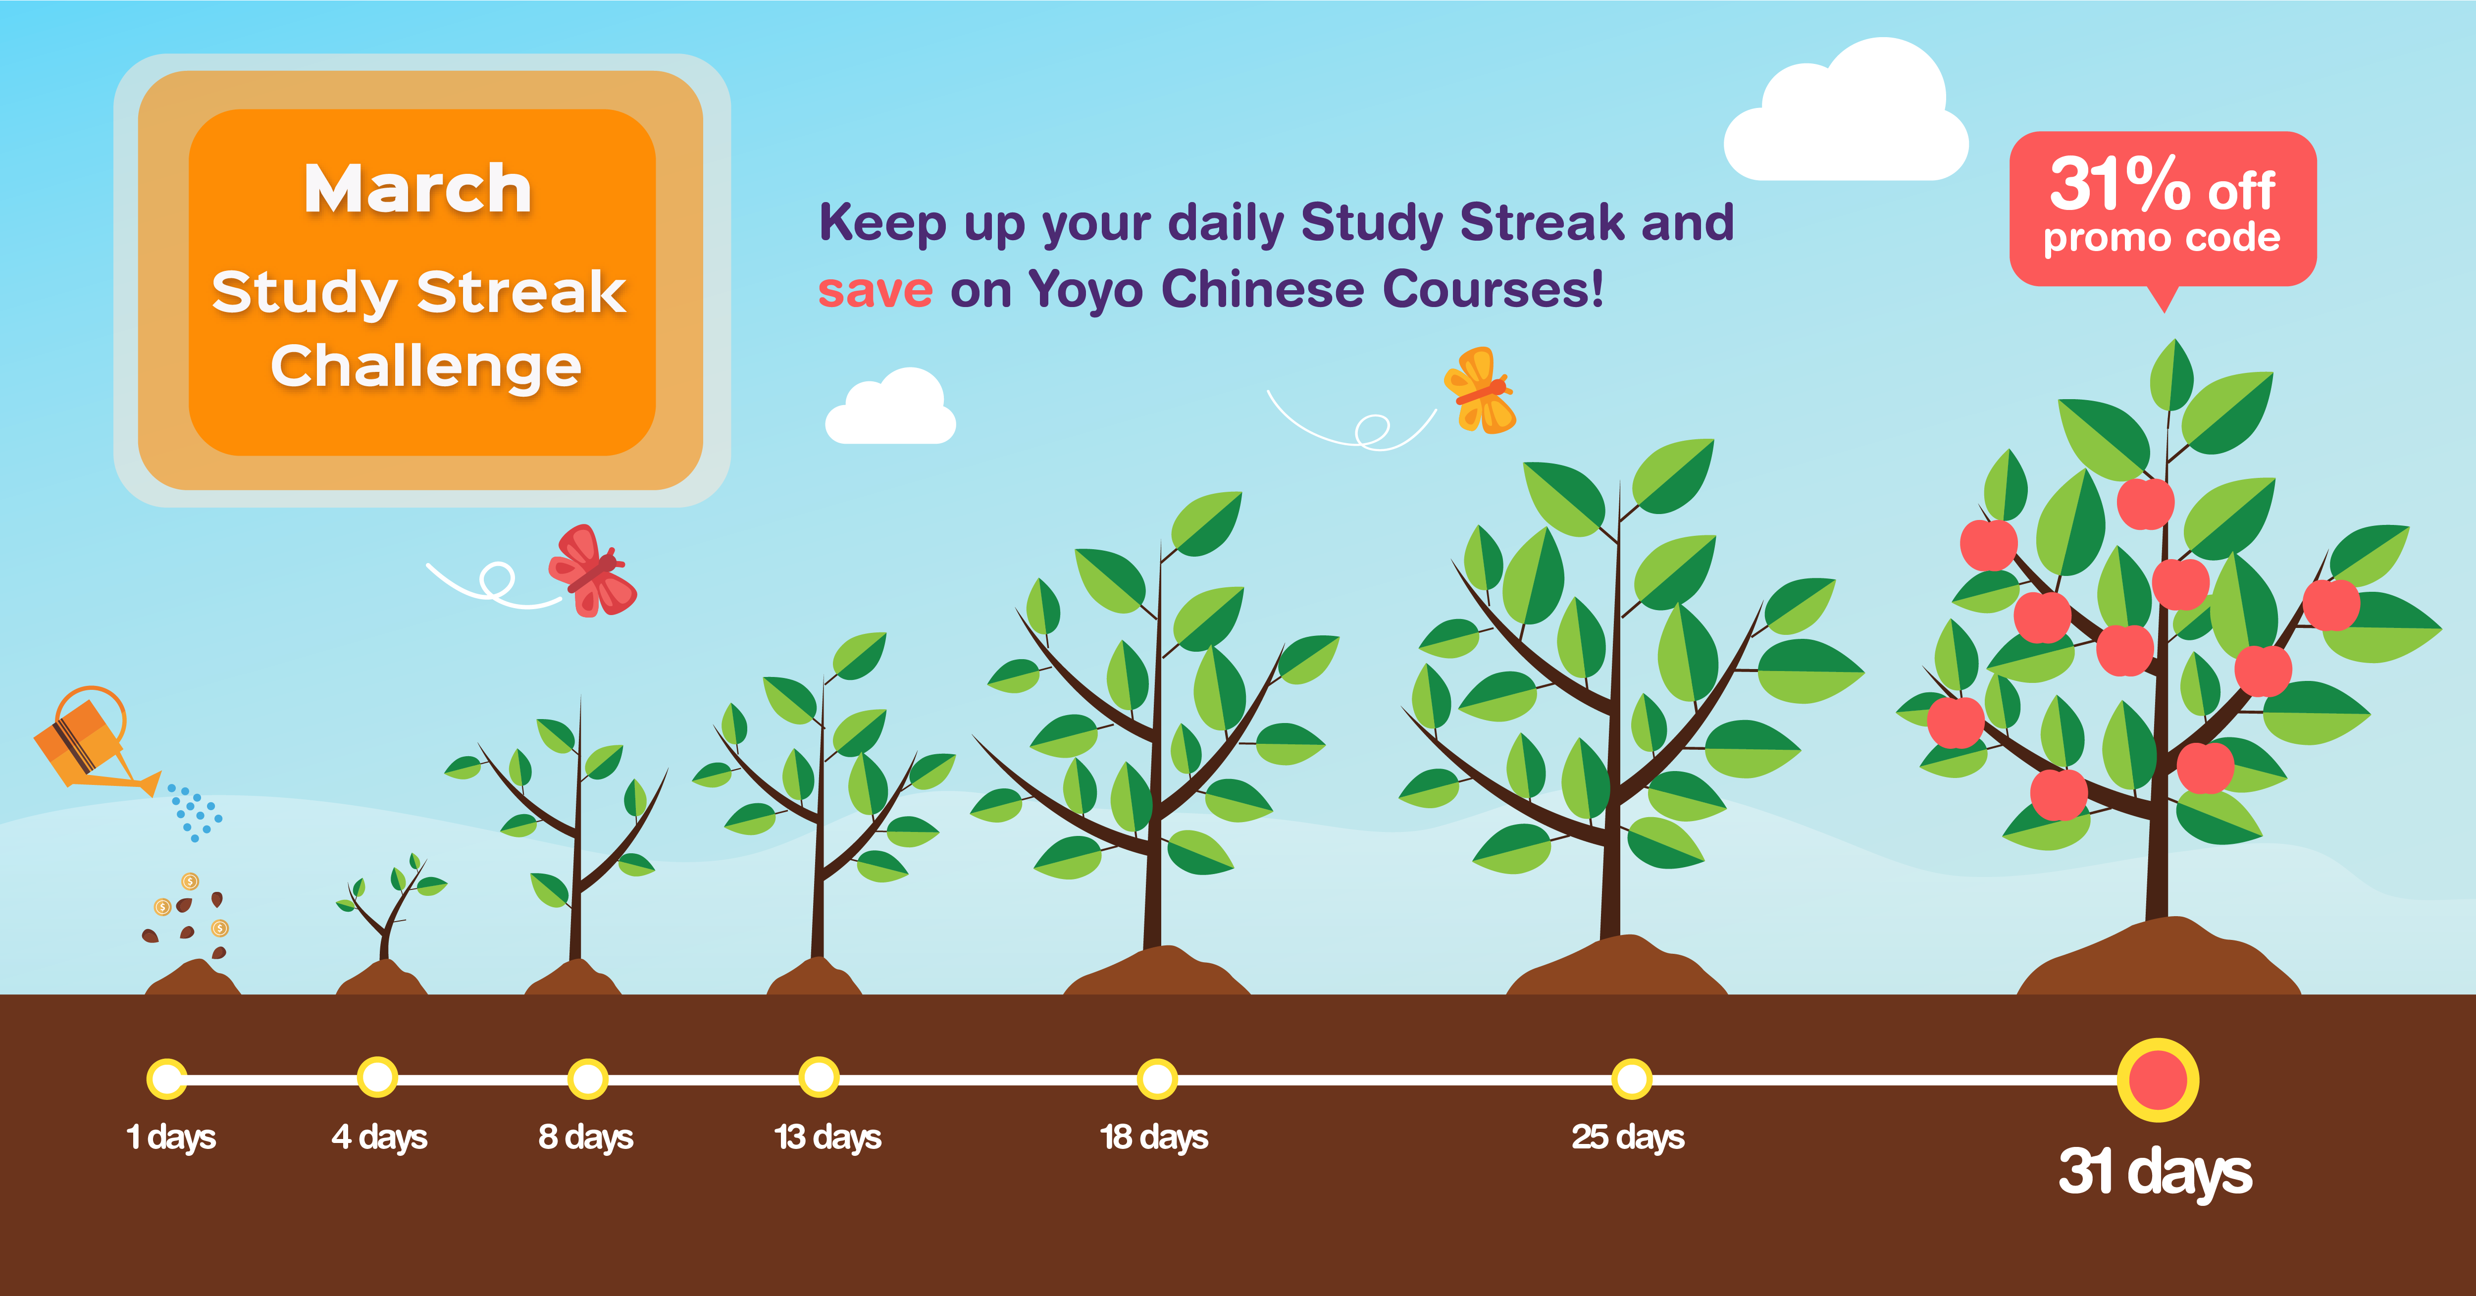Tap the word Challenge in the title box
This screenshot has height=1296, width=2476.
[x=426, y=366]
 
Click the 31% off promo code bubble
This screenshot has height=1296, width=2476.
[x=2163, y=209]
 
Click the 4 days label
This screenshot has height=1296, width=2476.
[x=379, y=1138]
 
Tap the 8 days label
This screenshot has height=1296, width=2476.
[x=585, y=1138]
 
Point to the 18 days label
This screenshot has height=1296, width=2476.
[x=1153, y=1138]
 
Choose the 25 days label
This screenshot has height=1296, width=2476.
[x=1627, y=1138]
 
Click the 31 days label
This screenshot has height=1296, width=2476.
[x=2155, y=1172]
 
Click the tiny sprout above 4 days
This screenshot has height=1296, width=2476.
[x=389, y=909]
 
